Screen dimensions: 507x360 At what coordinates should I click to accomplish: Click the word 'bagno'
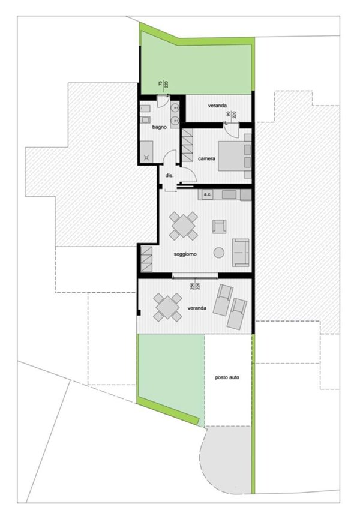click(158, 128)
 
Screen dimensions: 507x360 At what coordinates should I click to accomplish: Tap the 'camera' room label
click(207, 158)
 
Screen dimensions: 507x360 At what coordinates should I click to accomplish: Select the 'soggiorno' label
click(186, 254)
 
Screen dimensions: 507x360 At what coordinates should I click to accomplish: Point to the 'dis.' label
click(169, 175)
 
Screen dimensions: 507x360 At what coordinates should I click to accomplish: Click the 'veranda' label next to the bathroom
click(218, 106)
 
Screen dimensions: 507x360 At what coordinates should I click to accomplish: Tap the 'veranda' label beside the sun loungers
click(197, 308)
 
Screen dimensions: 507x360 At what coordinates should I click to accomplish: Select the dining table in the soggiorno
click(183, 226)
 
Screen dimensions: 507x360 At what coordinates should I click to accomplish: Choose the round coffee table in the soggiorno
click(220, 252)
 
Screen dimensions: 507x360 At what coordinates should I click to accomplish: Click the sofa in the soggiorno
click(241, 252)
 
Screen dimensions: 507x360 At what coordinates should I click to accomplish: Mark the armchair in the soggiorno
click(220, 226)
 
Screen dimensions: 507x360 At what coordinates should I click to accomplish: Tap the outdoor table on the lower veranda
click(167, 307)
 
